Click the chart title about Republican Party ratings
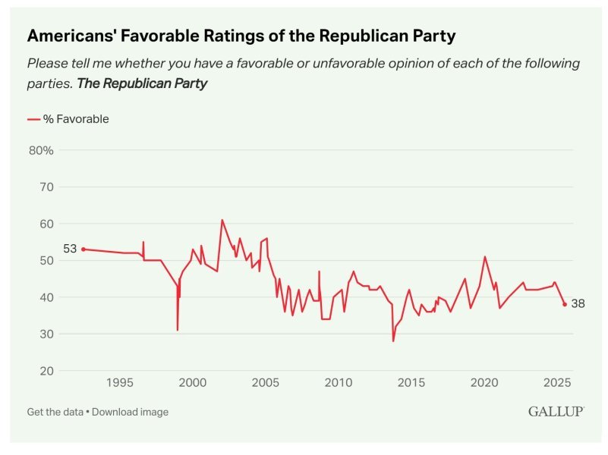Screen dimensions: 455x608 pyautogui.click(x=241, y=35)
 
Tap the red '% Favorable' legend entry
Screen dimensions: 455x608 pyautogui.click(x=68, y=119)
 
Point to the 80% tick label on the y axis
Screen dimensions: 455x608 pyautogui.click(x=41, y=150)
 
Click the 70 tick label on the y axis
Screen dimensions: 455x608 pyautogui.click(x=46, y=187)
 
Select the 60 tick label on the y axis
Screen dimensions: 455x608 pyautogui.click(x=46, y=224)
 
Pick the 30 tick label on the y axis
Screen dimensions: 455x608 pyautogui.click(x=46, y=334)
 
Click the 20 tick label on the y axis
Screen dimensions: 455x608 pyautogui.click(x=46, y=371)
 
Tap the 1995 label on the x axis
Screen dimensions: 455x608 pyautogui.click(x=119, y=384)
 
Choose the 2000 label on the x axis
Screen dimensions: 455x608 pyautogui.click(x=192, y=384)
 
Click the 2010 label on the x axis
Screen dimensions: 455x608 pyautogui.click(x=338, y=384)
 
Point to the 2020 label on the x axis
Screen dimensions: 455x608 pyautogui.click(x=484, y=384)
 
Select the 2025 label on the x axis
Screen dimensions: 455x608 pyautogui.click(x=556, y=384)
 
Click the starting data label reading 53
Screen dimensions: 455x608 pyautogui.click(x=71, y=249)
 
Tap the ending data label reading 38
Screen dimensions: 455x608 pyautogui.click(x=578, y=304)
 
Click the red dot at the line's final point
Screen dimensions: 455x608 pyautogui.click(x=565, y=304)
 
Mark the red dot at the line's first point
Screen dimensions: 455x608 pyautogui.click(x=83, y=249)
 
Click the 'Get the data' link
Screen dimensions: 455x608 pyautogui.click(x=55, y=412)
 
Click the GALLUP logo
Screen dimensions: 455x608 pyautogui.click(x=556, y=411)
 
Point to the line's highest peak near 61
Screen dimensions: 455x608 pyautogui.click(x=222, y=220)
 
